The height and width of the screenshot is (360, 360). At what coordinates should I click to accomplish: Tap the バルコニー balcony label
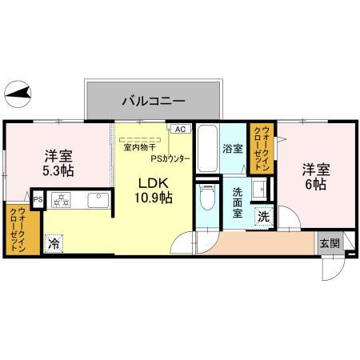coord(154,102)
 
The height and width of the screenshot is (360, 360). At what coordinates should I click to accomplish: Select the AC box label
coord(179,129)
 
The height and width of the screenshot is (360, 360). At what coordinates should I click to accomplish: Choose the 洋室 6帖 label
coord(314,177)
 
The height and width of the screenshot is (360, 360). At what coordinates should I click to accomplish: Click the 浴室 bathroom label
coord(233,149)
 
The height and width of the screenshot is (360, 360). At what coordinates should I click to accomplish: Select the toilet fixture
coord(206,197)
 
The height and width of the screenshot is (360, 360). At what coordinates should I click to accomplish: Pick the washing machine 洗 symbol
coord(263,216)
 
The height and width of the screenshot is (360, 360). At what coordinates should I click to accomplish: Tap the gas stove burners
coord(61,200)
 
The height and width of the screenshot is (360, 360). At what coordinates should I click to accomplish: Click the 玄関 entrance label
coord(329,243)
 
